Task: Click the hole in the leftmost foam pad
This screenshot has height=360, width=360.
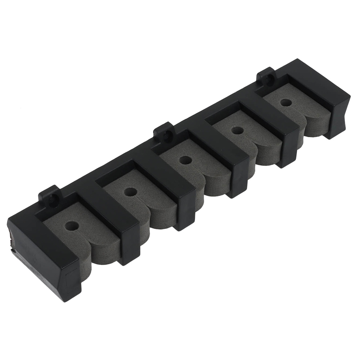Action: tap(72, 226)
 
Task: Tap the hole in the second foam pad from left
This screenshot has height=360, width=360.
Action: tap(130, 192)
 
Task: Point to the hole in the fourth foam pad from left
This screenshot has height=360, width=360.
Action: tap(237, 130)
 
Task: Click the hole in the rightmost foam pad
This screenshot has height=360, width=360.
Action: tap(286, 102)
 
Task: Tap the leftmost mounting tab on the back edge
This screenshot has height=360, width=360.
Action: tap(50, 196)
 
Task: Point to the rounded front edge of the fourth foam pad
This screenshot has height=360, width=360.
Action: tap(265, 158)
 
